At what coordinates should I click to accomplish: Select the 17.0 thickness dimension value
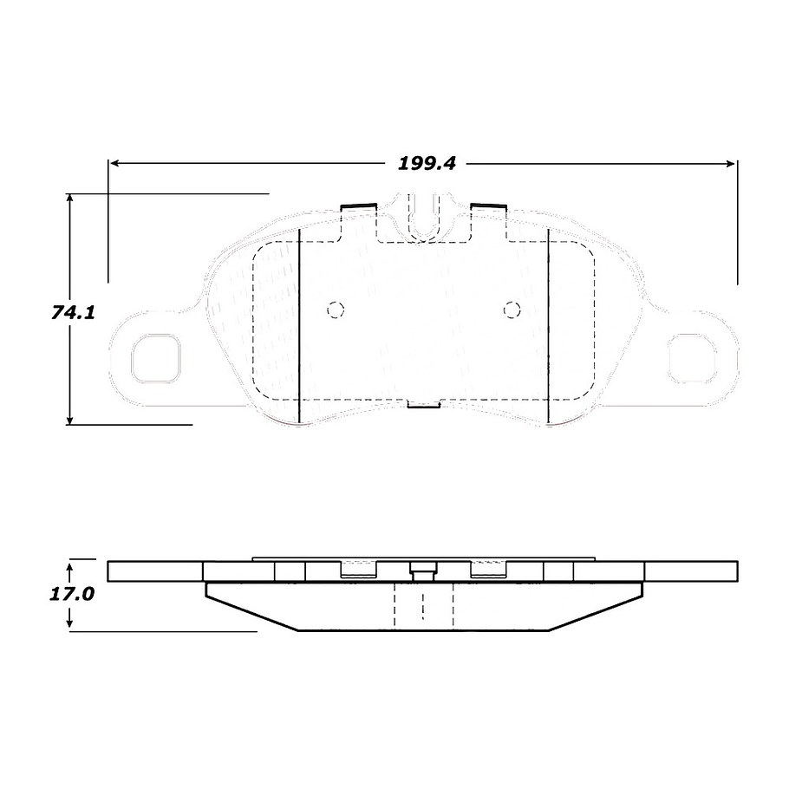[x=72, y=596]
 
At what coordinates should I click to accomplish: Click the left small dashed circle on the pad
[x=336, y=309]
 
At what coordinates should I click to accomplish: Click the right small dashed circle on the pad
[x=512, y=309]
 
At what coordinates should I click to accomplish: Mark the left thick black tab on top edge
[x=357, y=206]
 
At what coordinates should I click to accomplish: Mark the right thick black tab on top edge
[x=488, y=205]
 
